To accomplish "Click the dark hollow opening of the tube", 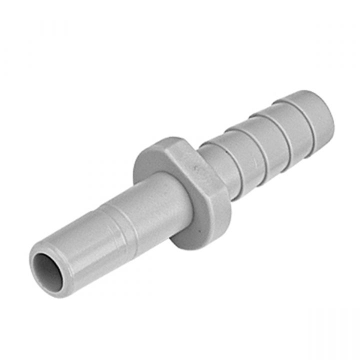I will (48, 271).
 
